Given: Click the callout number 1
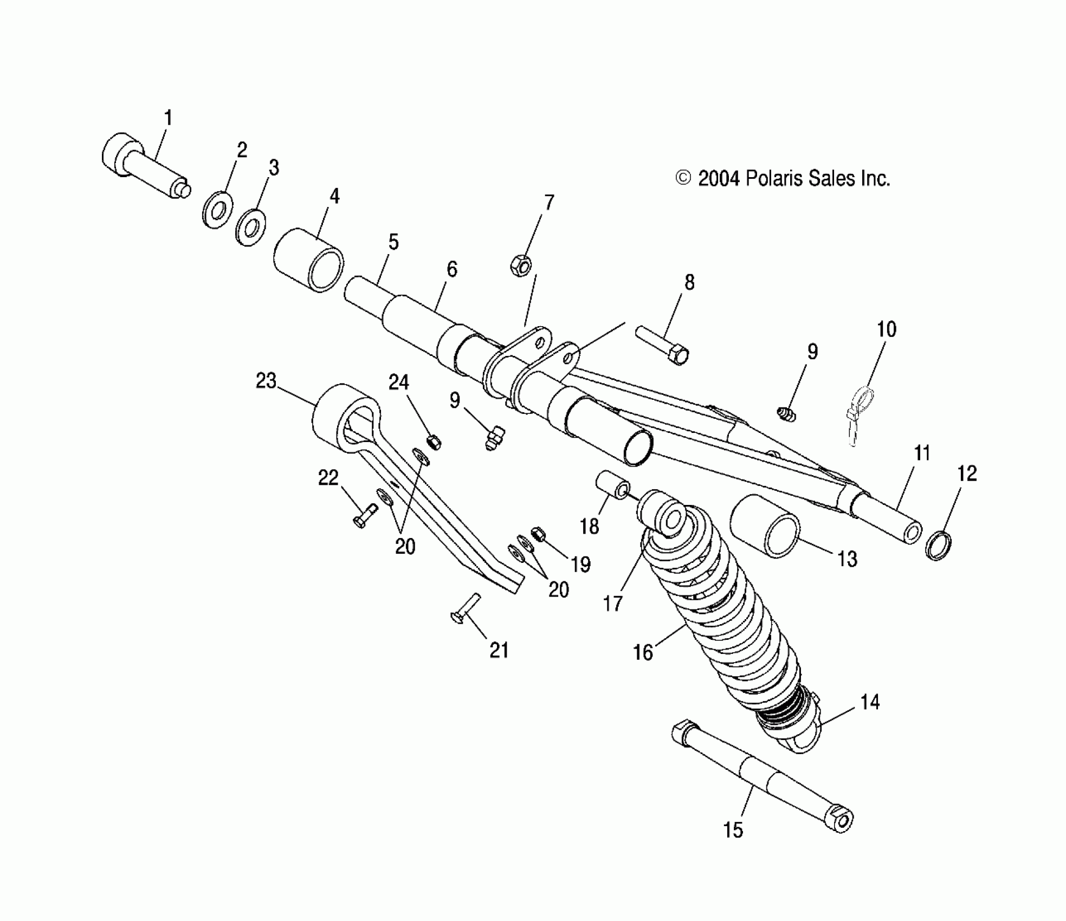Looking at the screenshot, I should pos(168,118).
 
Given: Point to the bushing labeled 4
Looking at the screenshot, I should pos(308,260).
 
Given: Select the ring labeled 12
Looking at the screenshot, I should pos(939,546).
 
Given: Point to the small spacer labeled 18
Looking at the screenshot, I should pos(613,487).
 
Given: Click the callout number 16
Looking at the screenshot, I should pos(643,652).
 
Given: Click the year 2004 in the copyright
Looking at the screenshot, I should pos(719,179).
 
